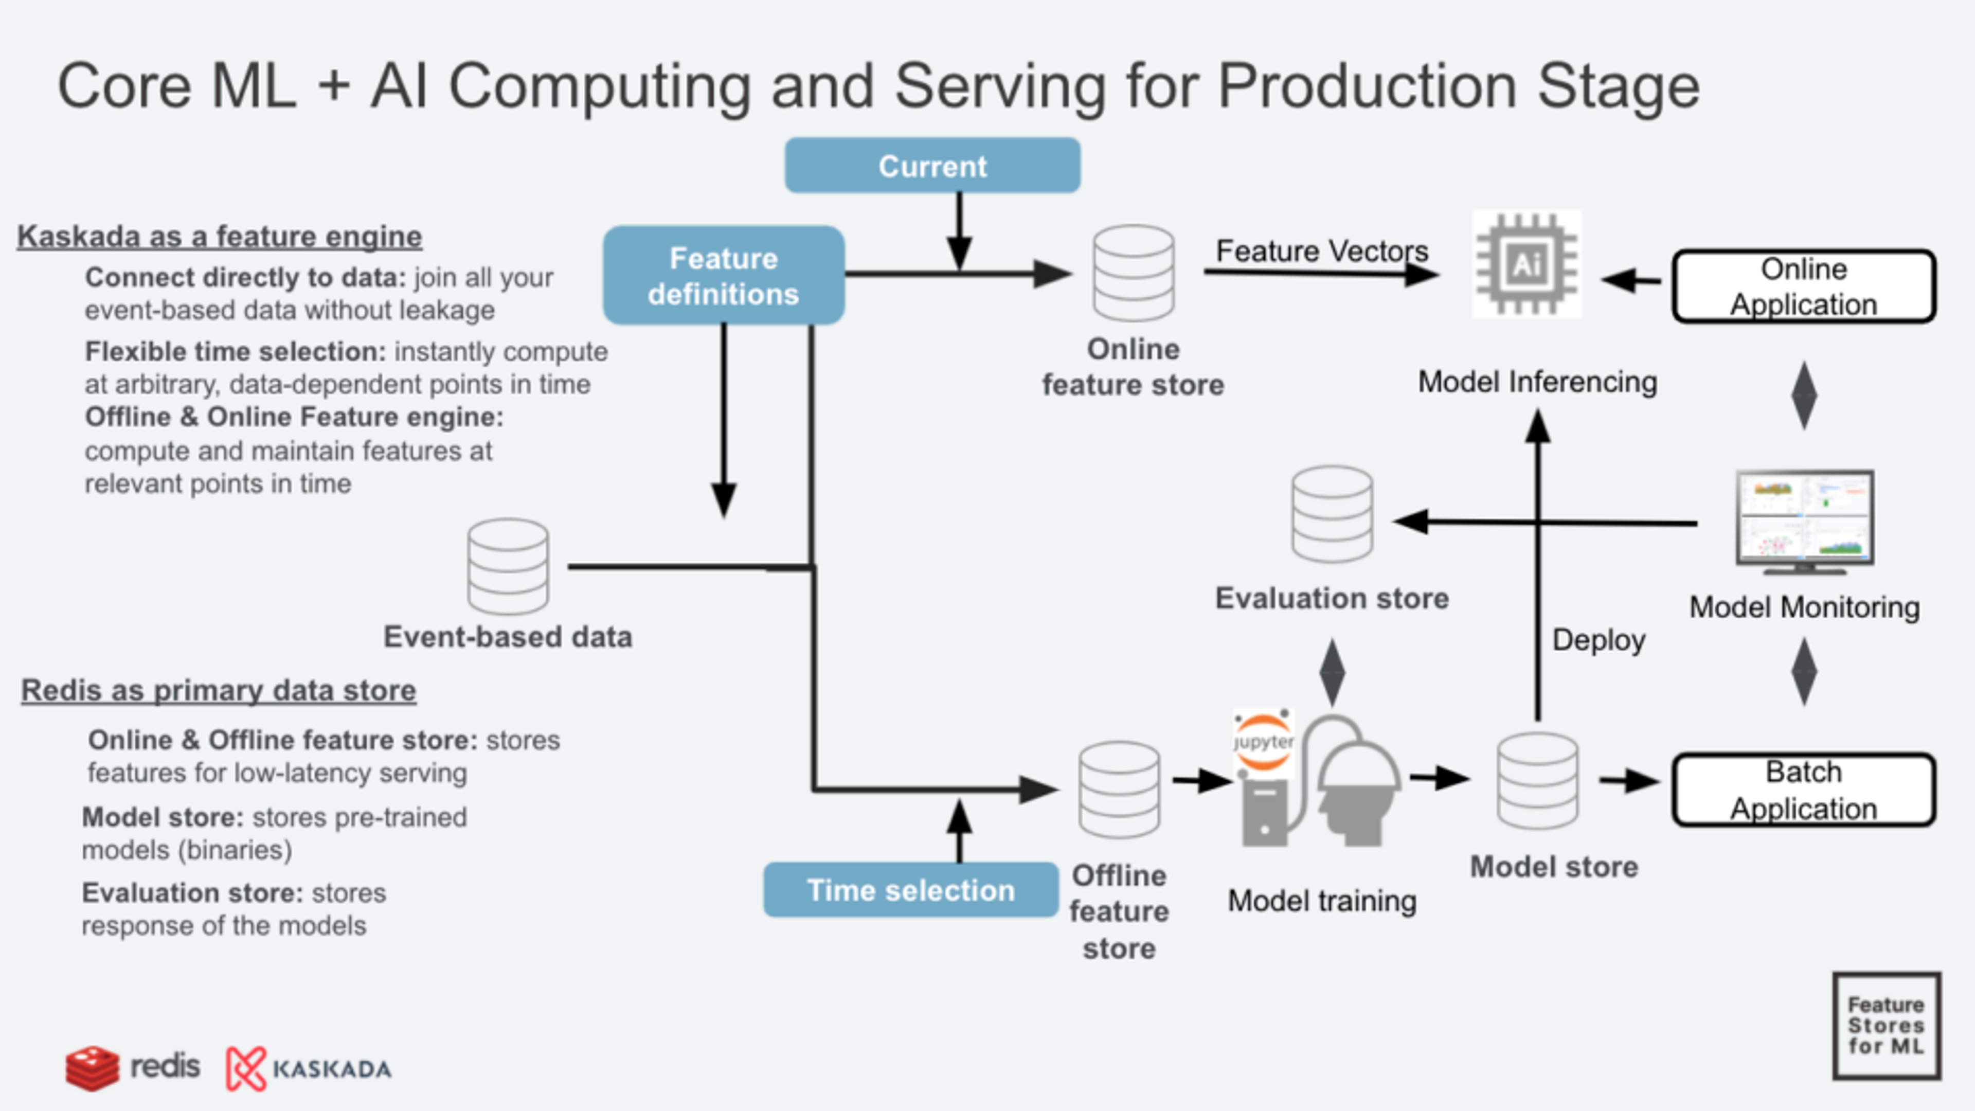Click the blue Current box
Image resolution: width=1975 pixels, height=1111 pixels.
pos(932,166)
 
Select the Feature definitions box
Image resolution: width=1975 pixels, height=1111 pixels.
pos(723,275)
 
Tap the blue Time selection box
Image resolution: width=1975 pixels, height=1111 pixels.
pos(911,889)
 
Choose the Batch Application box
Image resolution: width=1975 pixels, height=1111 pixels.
pos(1803,790)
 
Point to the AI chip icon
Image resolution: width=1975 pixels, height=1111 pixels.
pos(1525,264)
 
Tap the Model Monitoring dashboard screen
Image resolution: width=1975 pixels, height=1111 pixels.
pos(1805,519)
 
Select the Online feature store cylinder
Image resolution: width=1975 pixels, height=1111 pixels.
pos(1133,273)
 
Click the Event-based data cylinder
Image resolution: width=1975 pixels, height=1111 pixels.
pos(508,567)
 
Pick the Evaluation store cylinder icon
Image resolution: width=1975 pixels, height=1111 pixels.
pos(1332,514)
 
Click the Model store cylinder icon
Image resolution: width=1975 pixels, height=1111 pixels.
pos(1537,781)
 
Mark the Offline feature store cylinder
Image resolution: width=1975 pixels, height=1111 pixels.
pos(1119,790)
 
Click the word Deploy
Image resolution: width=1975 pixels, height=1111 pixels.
pos(1599,639)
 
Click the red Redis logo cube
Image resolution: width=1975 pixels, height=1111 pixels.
pos(92,1067)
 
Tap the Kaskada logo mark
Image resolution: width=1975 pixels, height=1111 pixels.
pos(245,1068)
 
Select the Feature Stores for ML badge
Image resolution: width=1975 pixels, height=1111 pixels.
pos(1886,1026)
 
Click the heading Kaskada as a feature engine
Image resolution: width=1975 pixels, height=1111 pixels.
pos(219,236)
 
